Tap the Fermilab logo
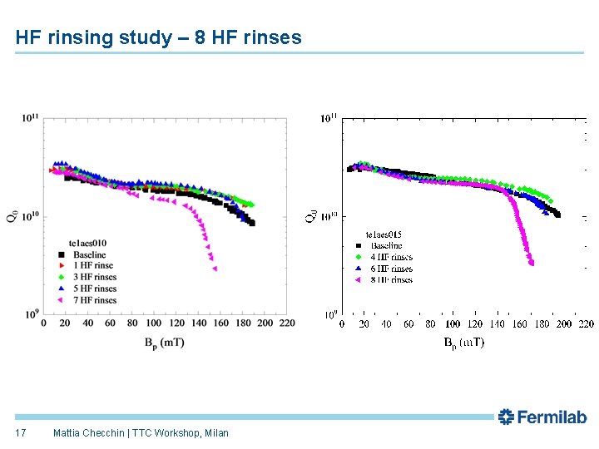pyautogui.click(x=542, y=417)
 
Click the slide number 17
pyautogui.click(x=21, y=432)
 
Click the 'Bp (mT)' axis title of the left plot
pyautogui.click(x=161, y=342)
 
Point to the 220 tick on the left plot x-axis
pyautogui.click(x=287, y=323)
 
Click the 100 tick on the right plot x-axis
pyautogui.click(x=453, y=323)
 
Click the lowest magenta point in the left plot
pyautogui.click(x=214, y=269)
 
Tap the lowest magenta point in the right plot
pyautogui.click(x=531, y=264)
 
